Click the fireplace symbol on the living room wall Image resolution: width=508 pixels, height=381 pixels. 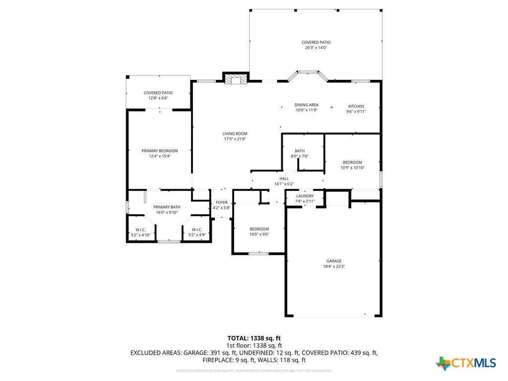pyautogui.click(x=235, y=79)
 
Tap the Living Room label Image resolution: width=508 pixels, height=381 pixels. pyautogui.click(x=235, y=134)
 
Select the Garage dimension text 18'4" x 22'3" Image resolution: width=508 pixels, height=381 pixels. pyautogui.click(x=333, y=266)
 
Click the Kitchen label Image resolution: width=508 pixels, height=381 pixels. pyautogui.click(x=356, y=107)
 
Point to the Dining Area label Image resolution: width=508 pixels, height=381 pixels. pyautogui.click(x=306, y=105)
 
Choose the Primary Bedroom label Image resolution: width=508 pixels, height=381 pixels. pyautogui.click(x=159, y=151)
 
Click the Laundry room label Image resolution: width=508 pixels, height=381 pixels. pyautogui.click(x=305, y=196)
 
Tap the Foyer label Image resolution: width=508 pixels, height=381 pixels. pyautogui.click(x=221, y=202)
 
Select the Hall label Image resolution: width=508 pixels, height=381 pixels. pyautogui.click(x=284, y=179)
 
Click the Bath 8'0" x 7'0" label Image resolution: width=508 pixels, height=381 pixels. pyautogui.click(x=300, y=151)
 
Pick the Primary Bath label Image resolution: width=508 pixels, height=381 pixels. pyautogui.click(x=166, y=207)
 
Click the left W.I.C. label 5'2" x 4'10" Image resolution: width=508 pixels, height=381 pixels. pyautogui.click(x=140, y=230)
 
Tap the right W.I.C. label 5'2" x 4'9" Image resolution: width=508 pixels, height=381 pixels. pyautogui.click(x=196, y=230)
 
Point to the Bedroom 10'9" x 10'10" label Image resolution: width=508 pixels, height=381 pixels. pyautogui.click(x=352, y=162)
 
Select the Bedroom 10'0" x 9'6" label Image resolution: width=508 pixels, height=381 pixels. pyautogui.click(x=259, y=229)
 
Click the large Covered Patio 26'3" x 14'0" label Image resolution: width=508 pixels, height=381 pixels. pyautogui.click(x=316, y=43)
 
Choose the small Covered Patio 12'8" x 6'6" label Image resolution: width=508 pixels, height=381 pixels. pyautogui.click(x=158, y=93)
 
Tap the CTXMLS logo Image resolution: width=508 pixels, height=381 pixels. pyautogui.click(x=466, y=363)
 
